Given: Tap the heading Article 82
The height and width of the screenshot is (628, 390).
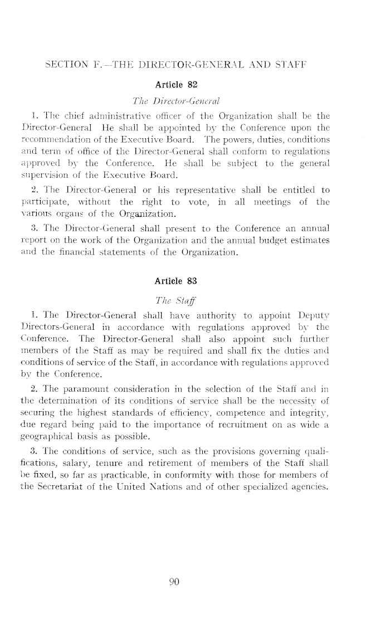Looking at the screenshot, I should pos(175,85).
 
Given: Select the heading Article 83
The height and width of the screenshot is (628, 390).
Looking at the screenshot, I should pos(175,281).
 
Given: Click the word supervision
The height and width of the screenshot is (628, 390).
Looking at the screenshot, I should pos(56,176).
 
